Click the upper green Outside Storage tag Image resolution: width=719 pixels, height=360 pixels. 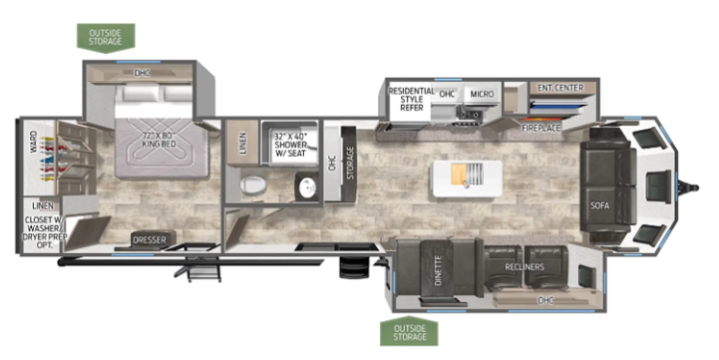click(x=106, y=38)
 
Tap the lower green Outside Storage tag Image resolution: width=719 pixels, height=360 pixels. click(x=409, y=331)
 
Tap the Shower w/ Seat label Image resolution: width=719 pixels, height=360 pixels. click(x=291, y=145)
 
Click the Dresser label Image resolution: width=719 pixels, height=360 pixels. click(x=149, y=240)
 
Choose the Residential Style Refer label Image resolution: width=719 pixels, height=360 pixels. click(x=411, y=99)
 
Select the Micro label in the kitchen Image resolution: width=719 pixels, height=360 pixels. click(x=482, y=94)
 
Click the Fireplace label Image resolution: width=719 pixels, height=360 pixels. click(x=540, y=128)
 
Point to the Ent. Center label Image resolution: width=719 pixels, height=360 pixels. click(x=560, y=87)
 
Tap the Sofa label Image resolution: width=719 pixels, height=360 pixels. click(x=599, y=205)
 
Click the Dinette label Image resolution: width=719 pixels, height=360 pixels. click(x=438, y=270)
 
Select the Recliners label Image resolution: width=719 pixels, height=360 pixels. click(x=525, y=267)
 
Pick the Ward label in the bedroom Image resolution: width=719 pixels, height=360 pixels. click(x=34, y=143)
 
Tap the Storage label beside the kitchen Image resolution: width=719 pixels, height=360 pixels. click(x=350, y=163)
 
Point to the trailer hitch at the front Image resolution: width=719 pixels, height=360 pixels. click(x=688, y=186)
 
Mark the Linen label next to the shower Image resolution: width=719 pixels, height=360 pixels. click(x=243, y=143)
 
